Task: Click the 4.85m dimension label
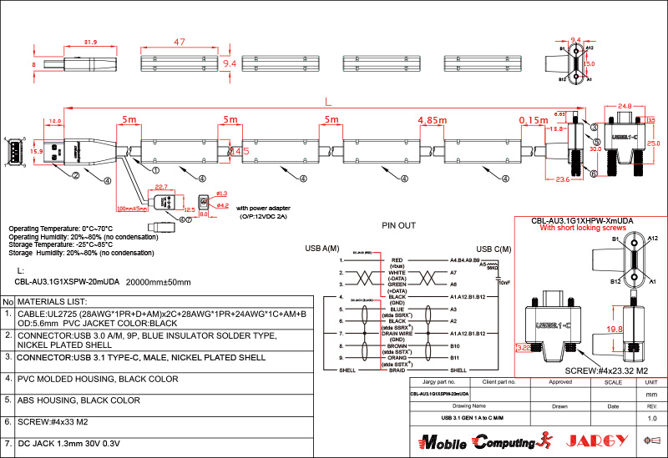(x=433, y=120)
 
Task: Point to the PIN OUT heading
(x=398, y=225)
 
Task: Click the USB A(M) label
(x=322, y=249)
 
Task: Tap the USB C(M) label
(x=493, y=249)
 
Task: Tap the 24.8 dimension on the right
(x=625, y=106)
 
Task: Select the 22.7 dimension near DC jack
(x=161, y=187)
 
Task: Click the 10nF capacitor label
(x=504, y=282)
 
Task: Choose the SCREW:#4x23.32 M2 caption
(x=606, y=370)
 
